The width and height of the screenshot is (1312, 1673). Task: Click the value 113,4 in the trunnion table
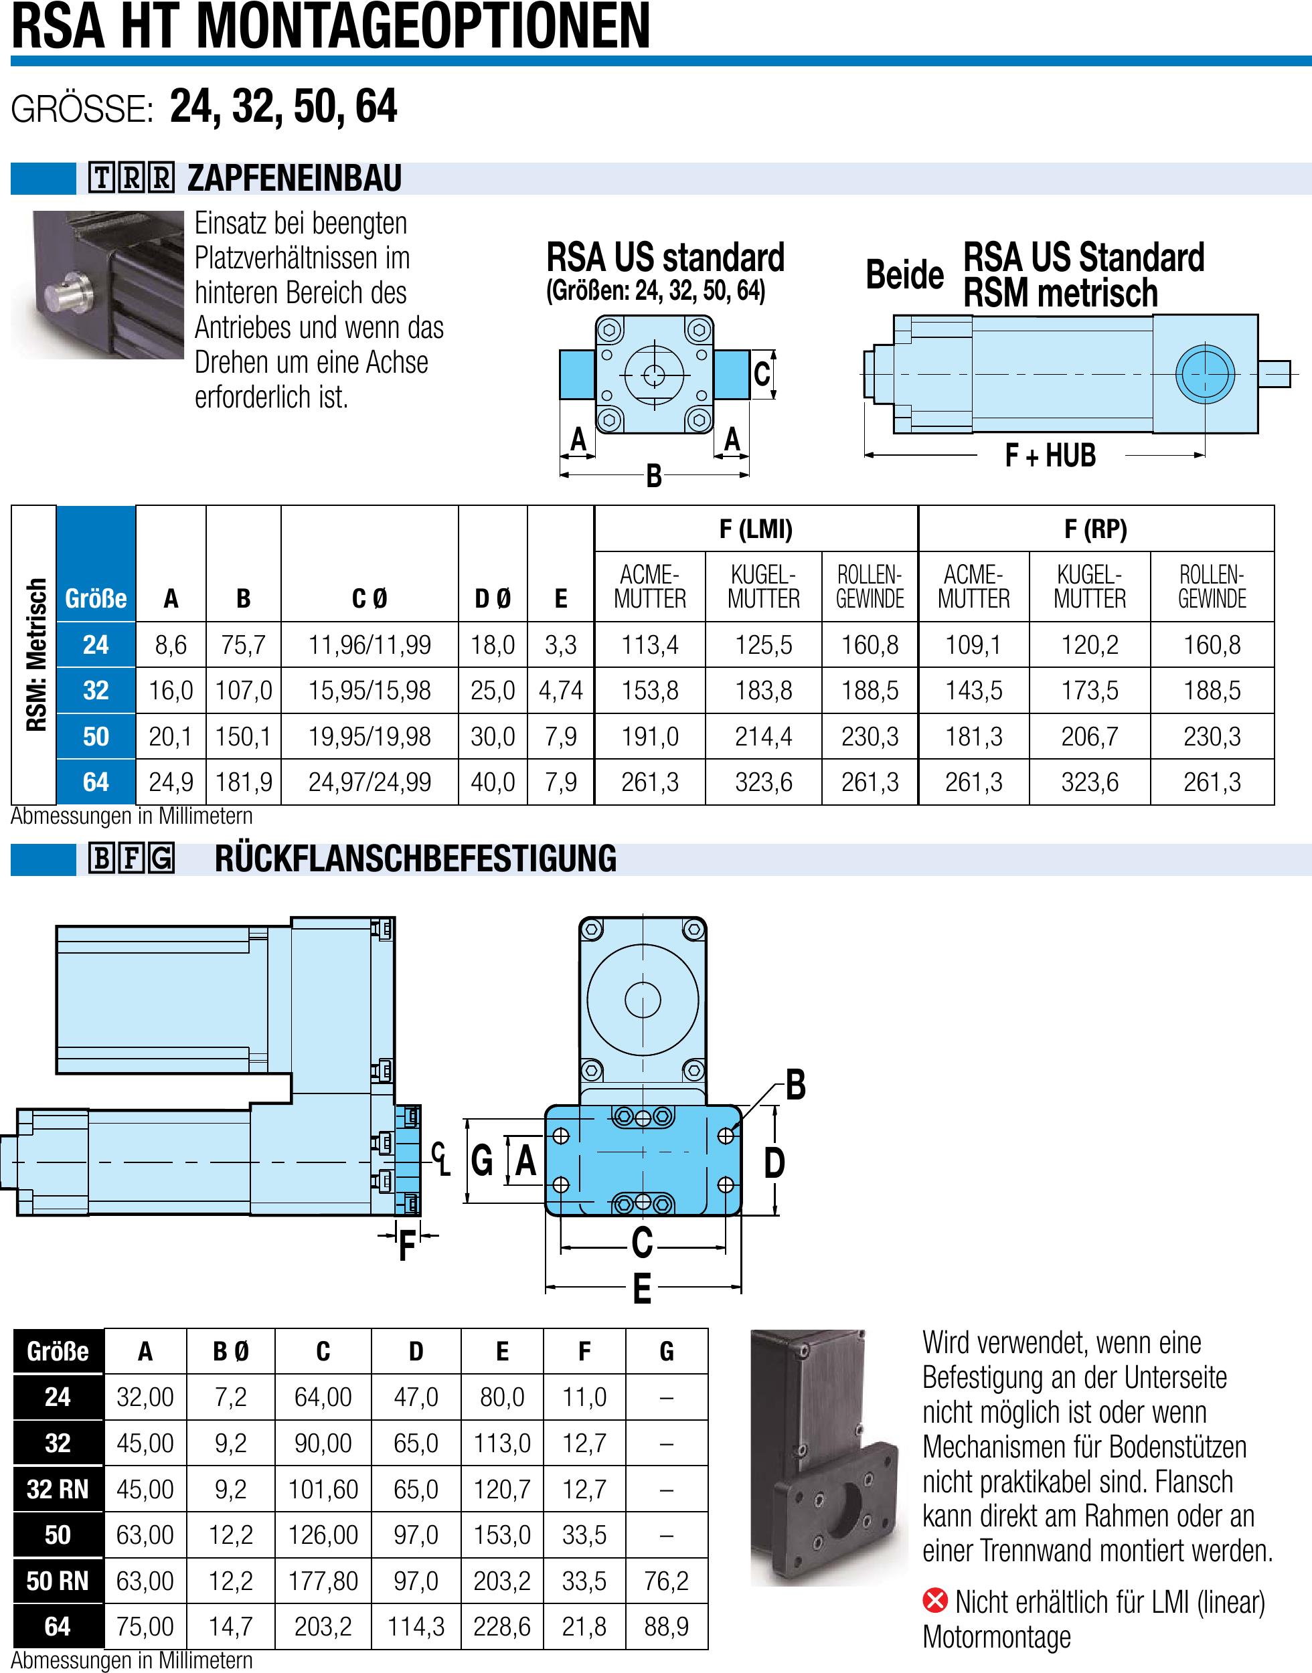coord(649,644)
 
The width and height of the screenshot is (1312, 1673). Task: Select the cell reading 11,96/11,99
coord(370,644)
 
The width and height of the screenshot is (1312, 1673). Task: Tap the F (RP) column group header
coord(1095,529)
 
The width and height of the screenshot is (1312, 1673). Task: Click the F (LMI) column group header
coord(756,529)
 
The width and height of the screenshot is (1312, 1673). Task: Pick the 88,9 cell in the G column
coord(666,1626)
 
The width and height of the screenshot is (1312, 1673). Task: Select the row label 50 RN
coord(58,1581)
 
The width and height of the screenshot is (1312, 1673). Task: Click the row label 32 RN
coord(58,1489)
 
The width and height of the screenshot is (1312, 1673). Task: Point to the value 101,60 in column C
coord(323,1489)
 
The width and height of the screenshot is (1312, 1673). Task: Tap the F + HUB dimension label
coord(1050,455)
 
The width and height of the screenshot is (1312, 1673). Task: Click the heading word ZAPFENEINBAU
coord(295,178)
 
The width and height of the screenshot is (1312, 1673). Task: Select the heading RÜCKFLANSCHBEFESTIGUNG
coord(416,859)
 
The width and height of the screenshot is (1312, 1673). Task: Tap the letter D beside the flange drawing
coord(774,1163)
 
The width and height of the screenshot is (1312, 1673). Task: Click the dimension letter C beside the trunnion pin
coord(761,374)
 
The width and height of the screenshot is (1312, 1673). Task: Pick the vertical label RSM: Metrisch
coord(35,654)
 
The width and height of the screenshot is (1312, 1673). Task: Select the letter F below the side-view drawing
coord(406,1246)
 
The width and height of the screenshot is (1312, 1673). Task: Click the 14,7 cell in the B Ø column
coord(230,1626)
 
